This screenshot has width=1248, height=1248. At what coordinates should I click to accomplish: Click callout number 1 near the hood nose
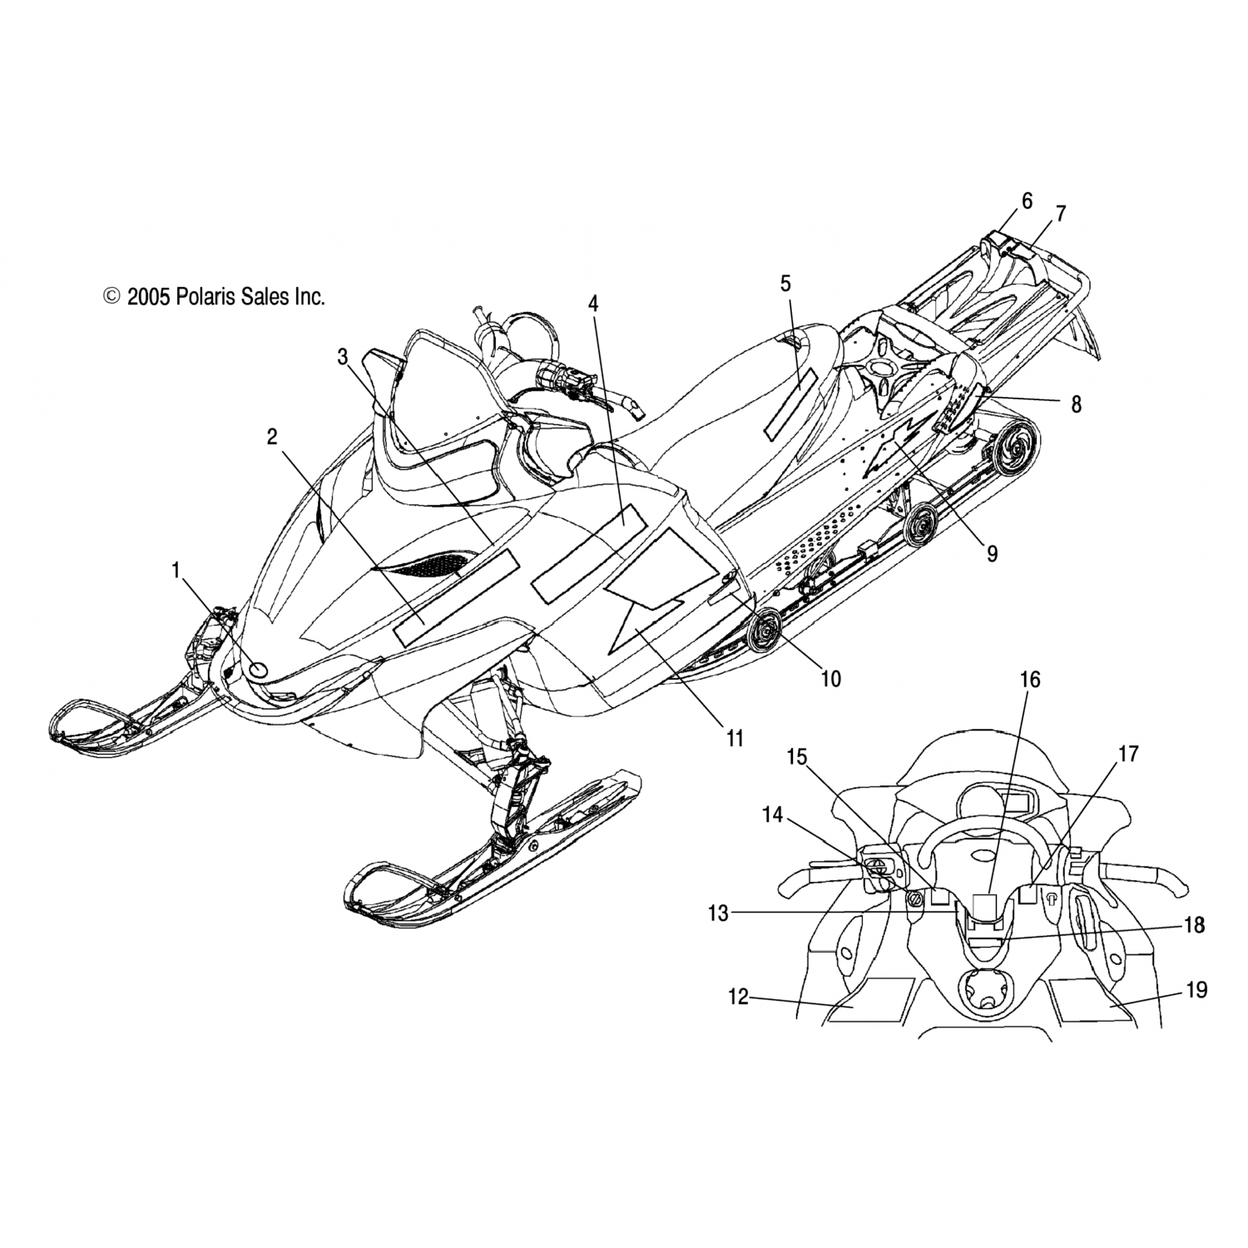[x=176, y=570]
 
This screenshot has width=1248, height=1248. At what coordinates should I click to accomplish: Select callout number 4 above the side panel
[x=592, y=304]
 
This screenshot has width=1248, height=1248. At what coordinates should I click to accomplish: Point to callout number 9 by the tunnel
[x=992, y=553]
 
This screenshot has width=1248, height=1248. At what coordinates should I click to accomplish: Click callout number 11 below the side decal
[x=734, y=737]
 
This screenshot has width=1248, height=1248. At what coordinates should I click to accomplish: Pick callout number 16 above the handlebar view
[x=1030, y=680]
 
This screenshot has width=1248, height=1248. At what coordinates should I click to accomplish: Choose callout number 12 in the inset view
[x=739, y=996]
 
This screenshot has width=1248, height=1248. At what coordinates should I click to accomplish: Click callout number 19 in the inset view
[x=1196, y=990]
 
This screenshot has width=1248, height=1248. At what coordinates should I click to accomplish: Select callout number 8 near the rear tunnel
[x=1076, y=404]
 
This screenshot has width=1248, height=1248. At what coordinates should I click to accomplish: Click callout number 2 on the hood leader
[x=272, y=436]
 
